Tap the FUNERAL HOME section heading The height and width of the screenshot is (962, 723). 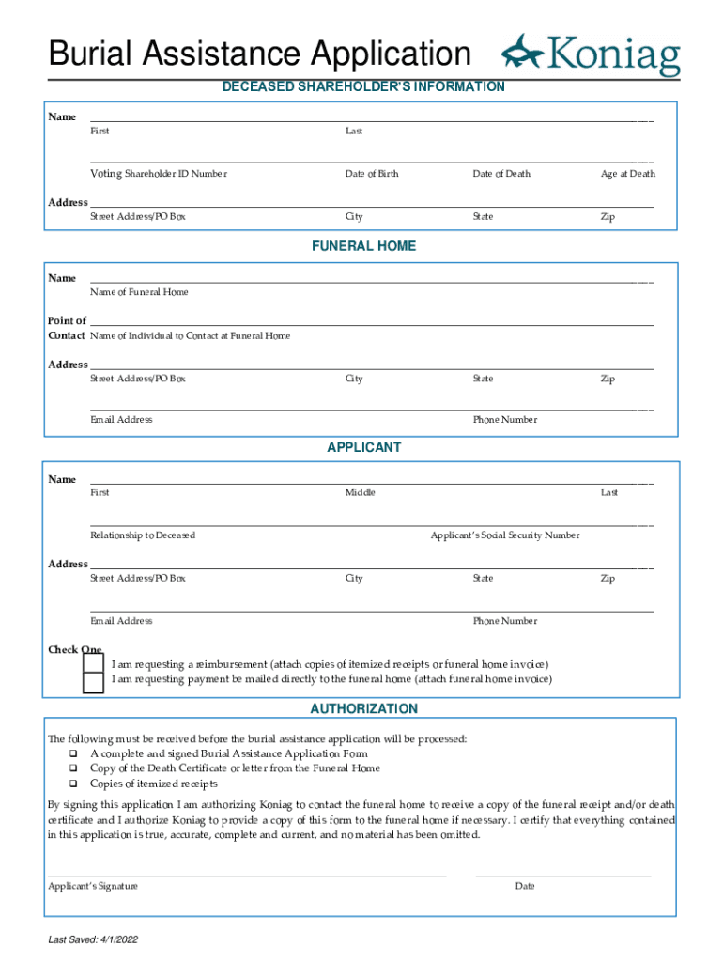[363, 246]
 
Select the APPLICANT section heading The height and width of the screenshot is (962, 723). [363, 447]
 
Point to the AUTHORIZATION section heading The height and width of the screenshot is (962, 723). [363, 708]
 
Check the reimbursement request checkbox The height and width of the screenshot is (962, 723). [94, 663]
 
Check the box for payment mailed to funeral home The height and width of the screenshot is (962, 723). [94, 682]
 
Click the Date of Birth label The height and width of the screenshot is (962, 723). [371, 174]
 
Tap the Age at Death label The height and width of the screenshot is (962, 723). [628, 174]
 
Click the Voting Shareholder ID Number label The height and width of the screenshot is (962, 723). [158, 174]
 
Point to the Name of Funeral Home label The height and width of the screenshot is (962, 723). [139, 292]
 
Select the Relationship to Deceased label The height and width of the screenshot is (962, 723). [143, 535]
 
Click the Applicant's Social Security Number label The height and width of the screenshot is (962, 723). [504, 535]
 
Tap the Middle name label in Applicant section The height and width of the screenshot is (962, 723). [360, 492]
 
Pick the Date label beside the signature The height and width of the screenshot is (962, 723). [525, 886]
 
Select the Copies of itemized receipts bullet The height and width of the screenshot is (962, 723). [153, 784]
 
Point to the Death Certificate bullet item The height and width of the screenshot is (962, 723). [235, 768]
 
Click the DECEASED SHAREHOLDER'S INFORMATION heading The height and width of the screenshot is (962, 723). [363, 86]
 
